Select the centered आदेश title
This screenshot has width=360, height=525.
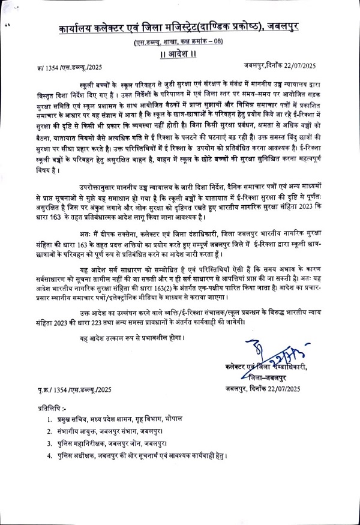click(x=179, y=54)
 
